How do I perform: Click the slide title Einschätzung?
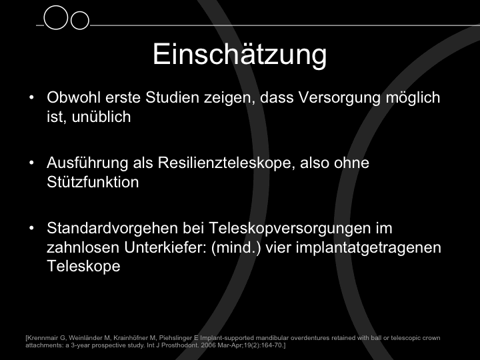[240, 55]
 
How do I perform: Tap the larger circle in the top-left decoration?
[56, 7]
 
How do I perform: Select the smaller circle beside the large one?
[80, 12]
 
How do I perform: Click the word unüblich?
[101, 117]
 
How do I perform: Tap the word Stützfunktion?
[93, 182]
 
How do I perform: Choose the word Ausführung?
[87, 163]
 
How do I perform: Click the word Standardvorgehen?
[113, 229]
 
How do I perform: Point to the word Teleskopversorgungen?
[289, 229]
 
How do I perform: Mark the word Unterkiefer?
[165, 247]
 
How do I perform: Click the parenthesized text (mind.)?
[236, 248]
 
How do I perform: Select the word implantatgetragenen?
[368, 248]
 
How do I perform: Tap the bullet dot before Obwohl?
[31, 97]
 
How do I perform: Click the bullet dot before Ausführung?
[31, 163]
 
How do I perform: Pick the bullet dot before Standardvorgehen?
[31, 228]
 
